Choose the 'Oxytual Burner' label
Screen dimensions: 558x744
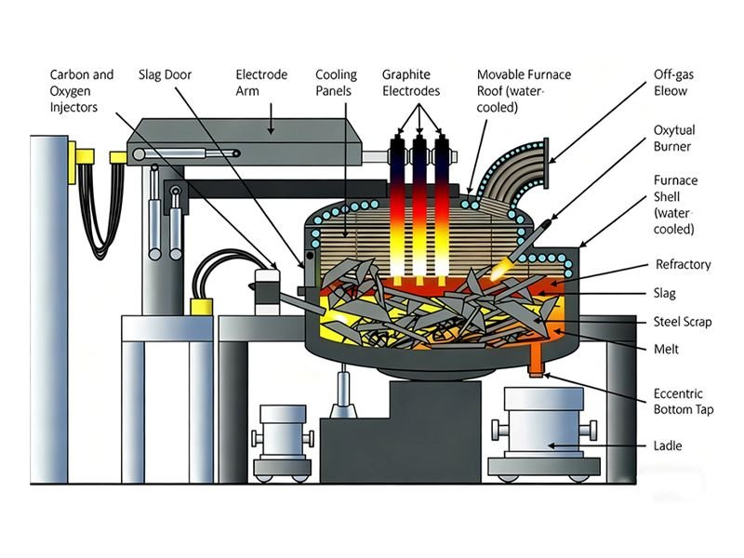674,139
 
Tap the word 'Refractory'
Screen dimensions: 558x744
683,265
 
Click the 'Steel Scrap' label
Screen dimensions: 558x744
683,322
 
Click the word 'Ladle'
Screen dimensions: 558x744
669,446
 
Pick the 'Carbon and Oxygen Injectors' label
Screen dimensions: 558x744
82,90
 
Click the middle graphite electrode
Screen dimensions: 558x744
421,205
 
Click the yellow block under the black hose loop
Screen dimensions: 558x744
199,306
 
